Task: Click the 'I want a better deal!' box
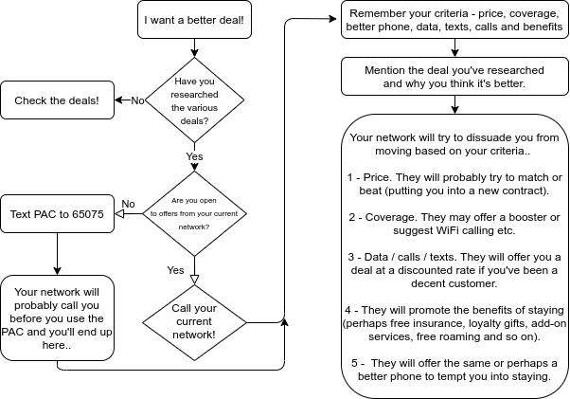click(193, 20)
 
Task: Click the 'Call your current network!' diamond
click(194, 321)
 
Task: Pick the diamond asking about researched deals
click(194, 100)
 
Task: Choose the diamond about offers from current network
click(194, 214)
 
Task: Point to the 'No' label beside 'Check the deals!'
click(137, 100)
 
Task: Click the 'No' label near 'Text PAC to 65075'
click(129, 204)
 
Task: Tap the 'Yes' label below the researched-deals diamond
click(194, 156)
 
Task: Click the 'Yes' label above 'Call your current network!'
click(176, 270)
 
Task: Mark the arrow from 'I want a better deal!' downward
click(194, 46)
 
